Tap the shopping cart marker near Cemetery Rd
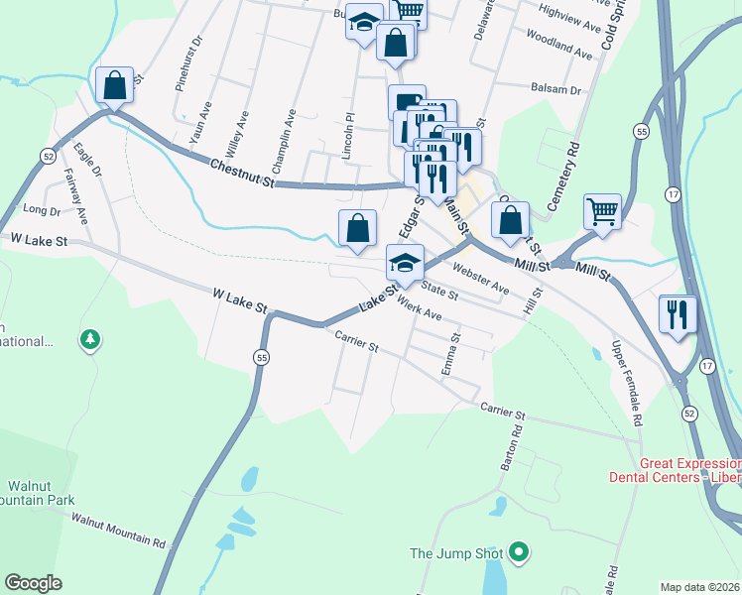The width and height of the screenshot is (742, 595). click(602, 211)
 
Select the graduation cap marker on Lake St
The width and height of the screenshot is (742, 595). click(405, 263)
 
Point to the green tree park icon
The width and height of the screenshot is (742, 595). click(91, 341)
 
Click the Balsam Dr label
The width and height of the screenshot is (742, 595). click(556, 89)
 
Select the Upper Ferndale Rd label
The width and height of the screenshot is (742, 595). click(627, 383)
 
